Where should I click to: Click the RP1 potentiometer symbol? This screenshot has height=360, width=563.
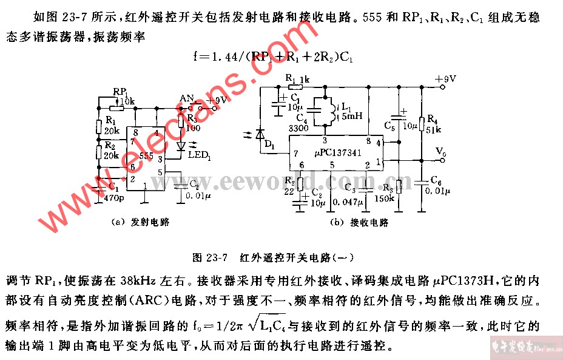(x=116, y=108)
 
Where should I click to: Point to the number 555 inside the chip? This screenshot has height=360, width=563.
(x=146, y=156)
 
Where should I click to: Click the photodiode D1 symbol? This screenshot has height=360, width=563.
(x=260, y=134)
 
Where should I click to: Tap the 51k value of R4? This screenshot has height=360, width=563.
(x=433, y=129)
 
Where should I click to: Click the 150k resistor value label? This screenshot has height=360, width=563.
(x=384, y=197)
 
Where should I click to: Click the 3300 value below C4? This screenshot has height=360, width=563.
(x=298, y=128)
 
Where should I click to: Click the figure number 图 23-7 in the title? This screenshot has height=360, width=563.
(x=209, y=257)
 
